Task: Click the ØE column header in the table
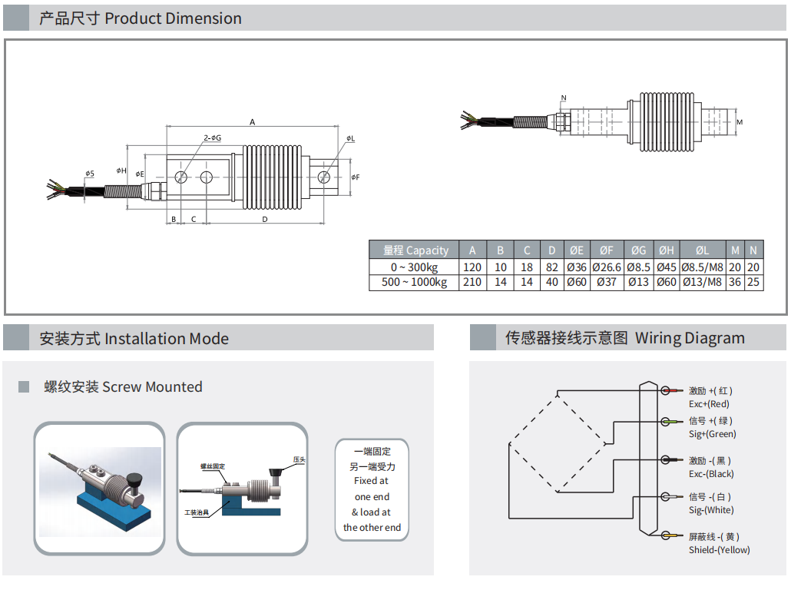tap(577, 250)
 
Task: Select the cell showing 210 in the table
tap(472, 282)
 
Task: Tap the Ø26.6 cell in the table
tap(607, 267)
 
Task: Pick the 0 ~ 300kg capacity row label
tap(414, 267)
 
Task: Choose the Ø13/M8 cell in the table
tap(702, 282)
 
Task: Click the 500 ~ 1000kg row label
tap(414, 282)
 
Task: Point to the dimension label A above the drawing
tap(252, 122)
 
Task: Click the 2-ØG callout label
tap(213, 138)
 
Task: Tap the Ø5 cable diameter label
tap(90, 174)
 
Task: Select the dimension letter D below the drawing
tap(265, 219)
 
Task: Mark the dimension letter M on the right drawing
tap(740, 122)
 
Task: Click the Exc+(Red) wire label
tap(709, 404)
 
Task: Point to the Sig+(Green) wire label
tap(713, 433)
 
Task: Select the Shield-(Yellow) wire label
tap(720, 549)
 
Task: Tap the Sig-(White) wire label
tap(711, 510)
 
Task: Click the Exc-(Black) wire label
tap(711, 474)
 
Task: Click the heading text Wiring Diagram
tap(690, 338)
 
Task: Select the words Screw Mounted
tap(152, 386)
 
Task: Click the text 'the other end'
tap(372, 528)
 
